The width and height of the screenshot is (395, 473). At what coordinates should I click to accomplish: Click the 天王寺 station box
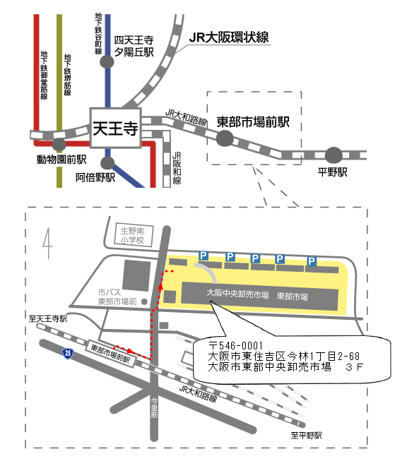[x=116, y=128]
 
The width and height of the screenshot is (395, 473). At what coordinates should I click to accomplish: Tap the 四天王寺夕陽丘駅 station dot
[x=107, y=62]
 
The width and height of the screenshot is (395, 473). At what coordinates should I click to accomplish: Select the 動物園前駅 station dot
[x=59, y=144]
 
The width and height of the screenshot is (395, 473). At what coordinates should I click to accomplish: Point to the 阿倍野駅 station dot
[x=107, y=163]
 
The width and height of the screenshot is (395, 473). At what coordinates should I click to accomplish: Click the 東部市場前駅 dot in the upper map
[x=225, y=138]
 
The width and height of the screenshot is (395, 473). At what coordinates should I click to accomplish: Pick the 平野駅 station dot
[x=334, y=155]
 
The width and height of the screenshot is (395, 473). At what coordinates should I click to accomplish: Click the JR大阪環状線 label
[x=229, y=37]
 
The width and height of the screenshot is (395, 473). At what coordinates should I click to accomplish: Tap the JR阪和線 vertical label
[x=177, y=168]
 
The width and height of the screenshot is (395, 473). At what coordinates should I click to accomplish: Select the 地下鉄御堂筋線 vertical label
[x=44, y=75]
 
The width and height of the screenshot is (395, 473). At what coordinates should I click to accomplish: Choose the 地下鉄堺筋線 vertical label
[x=68, y=75]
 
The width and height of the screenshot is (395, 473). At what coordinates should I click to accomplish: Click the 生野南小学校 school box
[x=133, y=236]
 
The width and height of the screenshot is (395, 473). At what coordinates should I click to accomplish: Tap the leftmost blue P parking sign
[x=204, y=256]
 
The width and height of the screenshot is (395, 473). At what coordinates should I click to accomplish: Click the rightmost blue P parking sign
[x=312, y=261]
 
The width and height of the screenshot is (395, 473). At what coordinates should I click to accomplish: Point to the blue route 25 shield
[x=68, y=353]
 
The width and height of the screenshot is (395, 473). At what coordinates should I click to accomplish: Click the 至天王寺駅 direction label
[x=48, y=319]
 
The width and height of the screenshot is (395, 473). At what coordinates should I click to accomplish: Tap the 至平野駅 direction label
[x=306, y=436]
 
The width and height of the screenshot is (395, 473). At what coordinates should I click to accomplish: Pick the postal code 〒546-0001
[x=235, y=346]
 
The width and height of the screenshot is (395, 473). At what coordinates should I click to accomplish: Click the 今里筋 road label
[x=154, y=408]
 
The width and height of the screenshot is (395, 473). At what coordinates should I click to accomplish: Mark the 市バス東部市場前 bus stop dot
[x=145, y=301]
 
